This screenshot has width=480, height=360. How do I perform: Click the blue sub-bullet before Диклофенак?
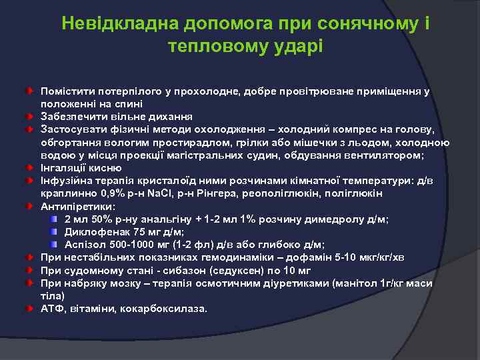[55, 231]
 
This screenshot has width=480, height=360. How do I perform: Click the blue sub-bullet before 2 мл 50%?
[55, 219]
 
